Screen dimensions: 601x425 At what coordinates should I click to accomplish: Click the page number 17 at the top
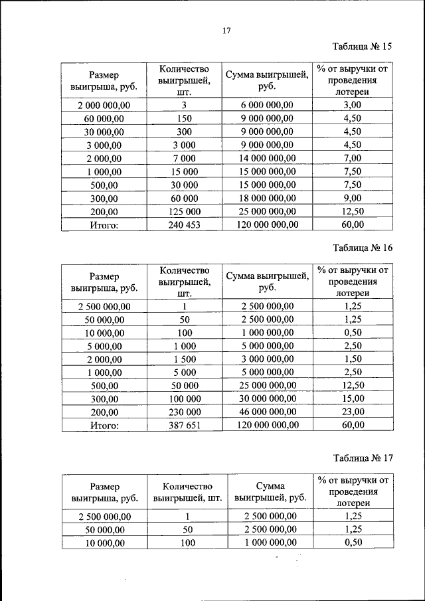point(226,31)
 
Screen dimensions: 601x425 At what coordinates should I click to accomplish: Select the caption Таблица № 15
point(362,46)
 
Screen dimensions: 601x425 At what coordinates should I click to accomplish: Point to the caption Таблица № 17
point(362,458)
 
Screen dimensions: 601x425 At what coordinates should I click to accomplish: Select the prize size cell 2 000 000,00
point(104,105)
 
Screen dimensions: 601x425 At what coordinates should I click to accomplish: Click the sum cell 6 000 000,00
point(267,105)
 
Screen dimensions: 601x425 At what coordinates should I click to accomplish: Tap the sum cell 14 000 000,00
point(267,158)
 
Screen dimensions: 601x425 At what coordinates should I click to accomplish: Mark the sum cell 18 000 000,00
point(267,198)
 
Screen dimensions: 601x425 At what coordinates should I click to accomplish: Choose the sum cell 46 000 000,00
point(267,412)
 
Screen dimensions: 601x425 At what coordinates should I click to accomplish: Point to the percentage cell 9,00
point(353,198)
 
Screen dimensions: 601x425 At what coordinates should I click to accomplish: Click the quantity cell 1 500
point(184,359)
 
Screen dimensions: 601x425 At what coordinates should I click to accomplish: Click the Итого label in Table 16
point(104,426)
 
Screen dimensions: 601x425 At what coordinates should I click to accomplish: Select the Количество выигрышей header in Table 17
point(187,492)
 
